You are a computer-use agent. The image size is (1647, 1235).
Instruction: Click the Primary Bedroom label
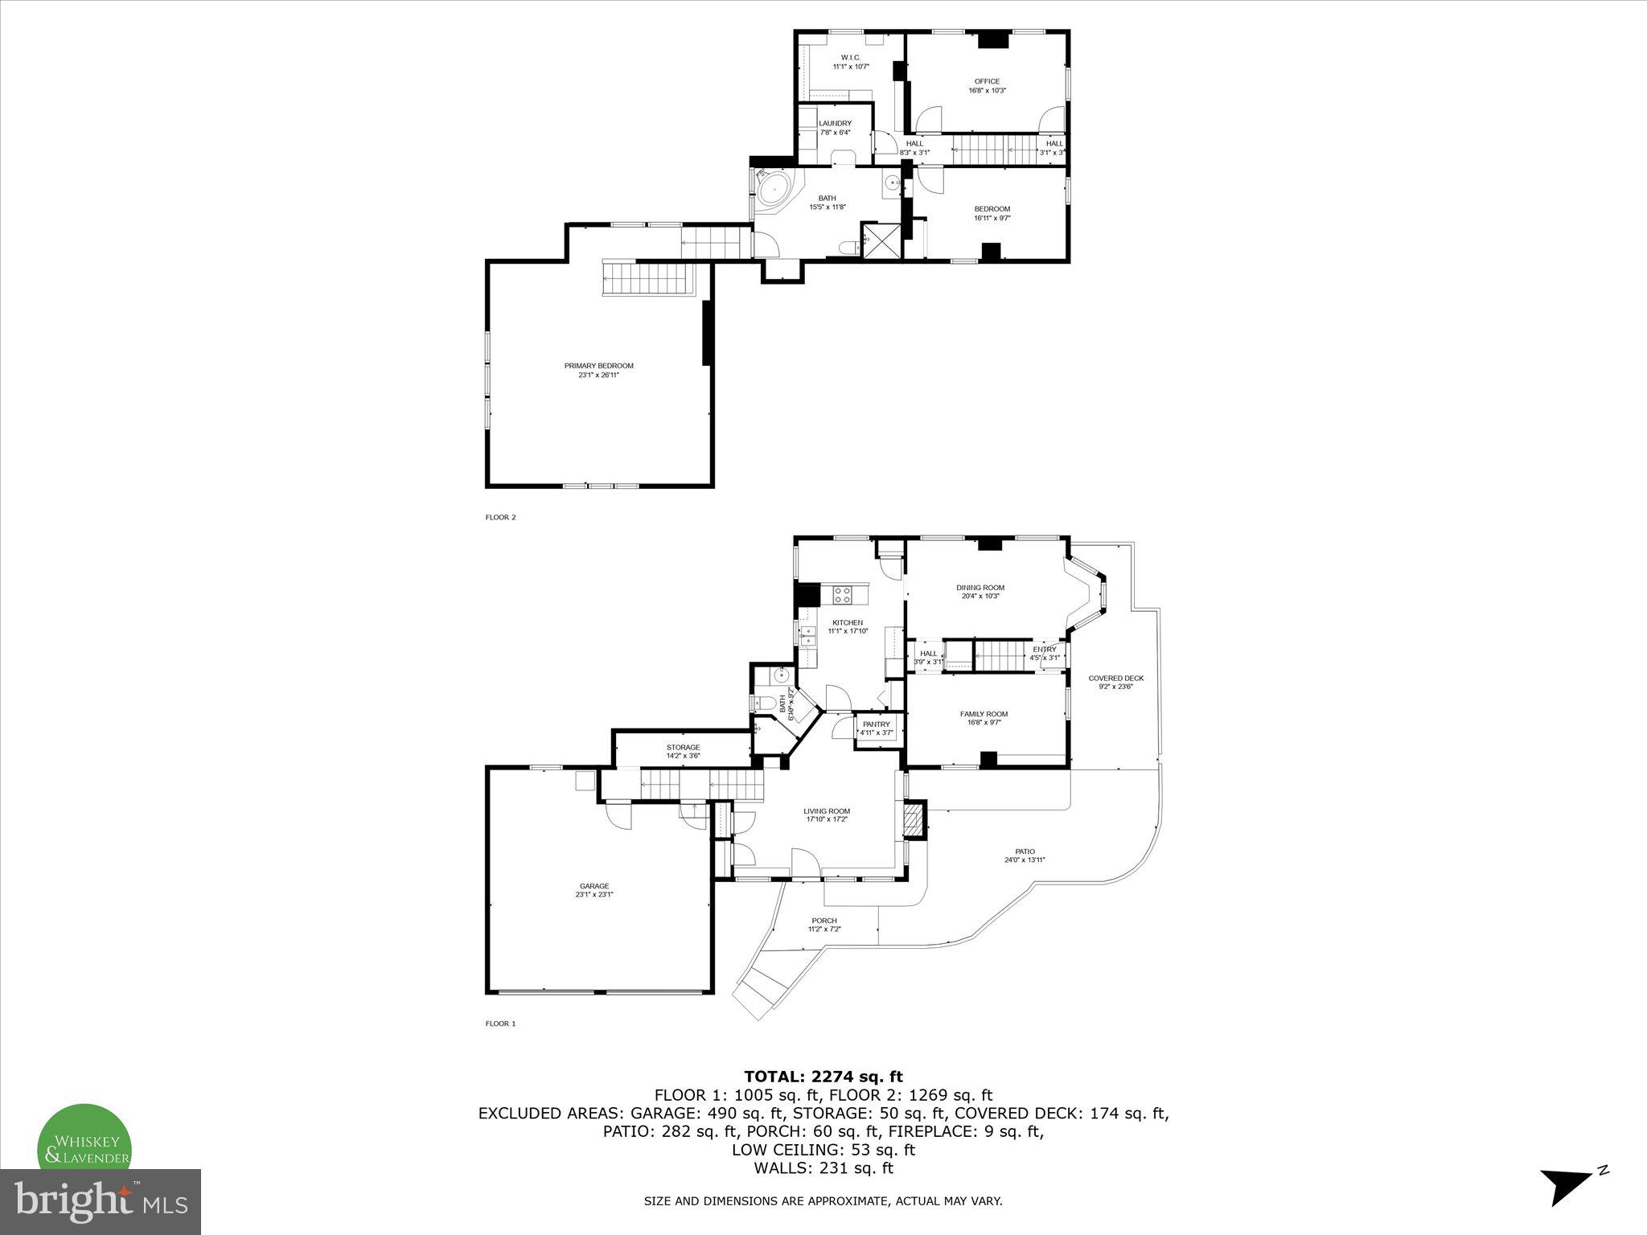tap(598, 366)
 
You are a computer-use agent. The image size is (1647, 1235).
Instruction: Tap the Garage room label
tap(594, 886)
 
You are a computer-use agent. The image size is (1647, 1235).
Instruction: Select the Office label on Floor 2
tap(987, 81)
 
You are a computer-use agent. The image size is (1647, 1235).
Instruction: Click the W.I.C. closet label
tap(850, 57)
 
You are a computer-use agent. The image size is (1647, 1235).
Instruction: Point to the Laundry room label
tap(835, 123)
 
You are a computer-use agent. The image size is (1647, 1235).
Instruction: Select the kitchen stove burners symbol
tap(843, 595)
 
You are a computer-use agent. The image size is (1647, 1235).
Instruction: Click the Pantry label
tap(876, 724)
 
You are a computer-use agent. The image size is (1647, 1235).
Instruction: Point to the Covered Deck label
tap(1115, 678)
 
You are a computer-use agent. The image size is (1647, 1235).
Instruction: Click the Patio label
tap(1025, 851)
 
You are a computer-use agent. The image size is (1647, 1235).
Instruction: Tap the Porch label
tap(823, 921)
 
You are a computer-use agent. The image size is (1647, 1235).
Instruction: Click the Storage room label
tap(683, 747)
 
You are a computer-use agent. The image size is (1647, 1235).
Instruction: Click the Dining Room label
tap(980, 588)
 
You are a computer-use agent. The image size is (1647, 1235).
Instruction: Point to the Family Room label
tap(983, 714)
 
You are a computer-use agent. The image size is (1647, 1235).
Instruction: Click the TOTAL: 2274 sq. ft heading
tap(823, 1077)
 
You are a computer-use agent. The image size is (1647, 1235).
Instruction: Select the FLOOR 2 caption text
tap(500, 517)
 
